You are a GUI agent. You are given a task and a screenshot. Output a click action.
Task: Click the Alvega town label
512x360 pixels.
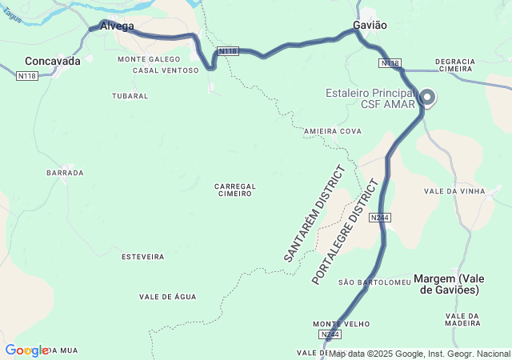[118, 26]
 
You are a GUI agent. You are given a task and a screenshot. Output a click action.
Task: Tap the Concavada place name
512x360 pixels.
[53, 61]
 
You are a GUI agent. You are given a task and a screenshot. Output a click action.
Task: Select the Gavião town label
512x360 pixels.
[370, 25]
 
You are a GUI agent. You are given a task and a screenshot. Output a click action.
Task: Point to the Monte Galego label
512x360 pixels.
[149, 59]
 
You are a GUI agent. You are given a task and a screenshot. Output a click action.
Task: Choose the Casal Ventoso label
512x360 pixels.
[166, 70]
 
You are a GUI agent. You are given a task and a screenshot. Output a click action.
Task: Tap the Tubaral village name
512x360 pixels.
[130, 96]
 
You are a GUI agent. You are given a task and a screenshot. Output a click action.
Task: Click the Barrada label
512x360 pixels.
[66, 173]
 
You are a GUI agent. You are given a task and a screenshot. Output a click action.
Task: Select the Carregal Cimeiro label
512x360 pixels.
[235, 190]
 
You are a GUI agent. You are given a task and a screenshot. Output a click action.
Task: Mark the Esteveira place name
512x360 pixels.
[142, 257]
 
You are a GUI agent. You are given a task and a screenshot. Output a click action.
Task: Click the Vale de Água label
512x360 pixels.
[167, 297]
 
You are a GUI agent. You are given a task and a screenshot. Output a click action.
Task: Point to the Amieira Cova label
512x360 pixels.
[333, 130]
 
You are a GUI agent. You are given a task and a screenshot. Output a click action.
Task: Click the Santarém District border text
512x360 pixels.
[314, 214]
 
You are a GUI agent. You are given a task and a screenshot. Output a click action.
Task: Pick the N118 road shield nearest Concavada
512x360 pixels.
[27, 76]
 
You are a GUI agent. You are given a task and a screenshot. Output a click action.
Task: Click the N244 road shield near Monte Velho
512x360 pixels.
[330, 334]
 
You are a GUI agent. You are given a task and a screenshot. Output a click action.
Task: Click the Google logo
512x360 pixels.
[26, 350]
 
